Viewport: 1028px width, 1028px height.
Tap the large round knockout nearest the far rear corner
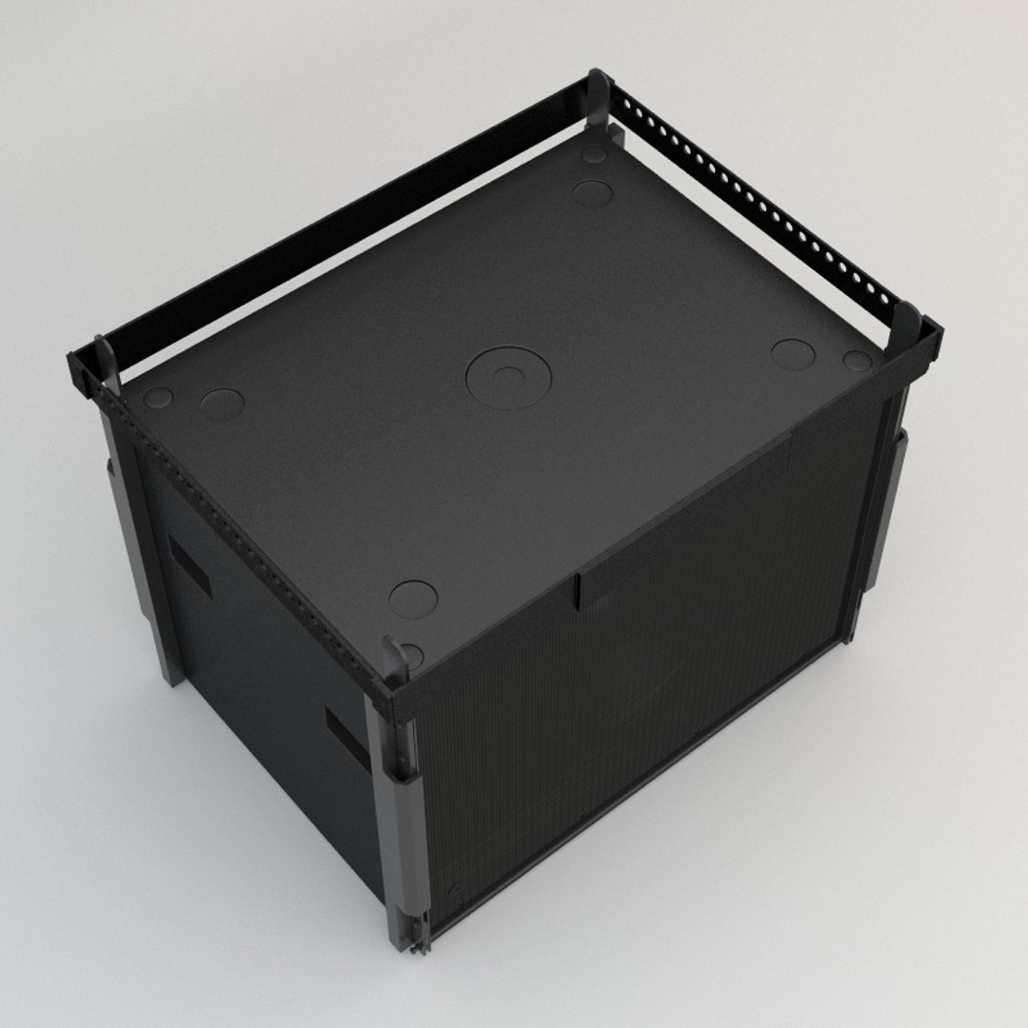pyautogui.click(x=592, y=193)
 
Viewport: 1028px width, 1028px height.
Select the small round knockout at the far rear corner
pyautogui.click(x=594, y=154)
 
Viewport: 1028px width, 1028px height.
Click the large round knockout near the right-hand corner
pyautogui.click(x=792, y=354)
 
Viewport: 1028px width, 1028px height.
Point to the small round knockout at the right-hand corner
pyautogui.click(x=857, y=361)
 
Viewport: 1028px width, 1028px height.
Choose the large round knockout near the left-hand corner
pyautogui.click(x=222, y=404)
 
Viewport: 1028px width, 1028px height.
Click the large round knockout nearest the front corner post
pyautogui.click(x=413, y=599)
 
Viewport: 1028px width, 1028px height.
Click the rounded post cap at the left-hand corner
pyautogui.click(x=105, y=352)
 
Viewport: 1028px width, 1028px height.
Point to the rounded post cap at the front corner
pyautogui.click(x=394, y=655)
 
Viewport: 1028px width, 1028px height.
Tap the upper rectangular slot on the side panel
pyautogui.click(x=190, y=565)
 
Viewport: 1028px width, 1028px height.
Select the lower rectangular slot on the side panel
pyautogui.click(x=346, y=738)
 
